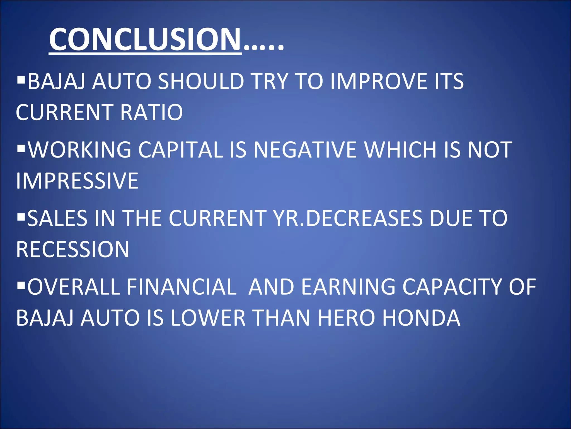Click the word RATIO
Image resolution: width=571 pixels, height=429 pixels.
click(151, 112)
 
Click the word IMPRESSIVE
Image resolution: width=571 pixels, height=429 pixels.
click(77, 181)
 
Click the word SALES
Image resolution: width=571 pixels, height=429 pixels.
click(57, 218)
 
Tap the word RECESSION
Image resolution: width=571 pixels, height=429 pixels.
click(72, 249)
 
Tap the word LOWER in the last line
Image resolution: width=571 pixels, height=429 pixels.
click(208, 318)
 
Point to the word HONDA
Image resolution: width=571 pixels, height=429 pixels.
click(421, 318)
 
